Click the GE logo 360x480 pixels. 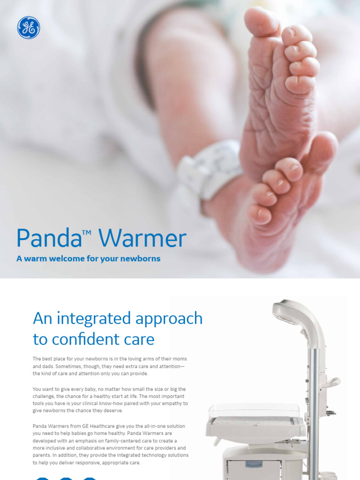coord(29,28)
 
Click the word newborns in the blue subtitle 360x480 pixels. coord(139,259)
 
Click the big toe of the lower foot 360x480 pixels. coord(324,146)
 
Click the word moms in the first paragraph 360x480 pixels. coord(180,359)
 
